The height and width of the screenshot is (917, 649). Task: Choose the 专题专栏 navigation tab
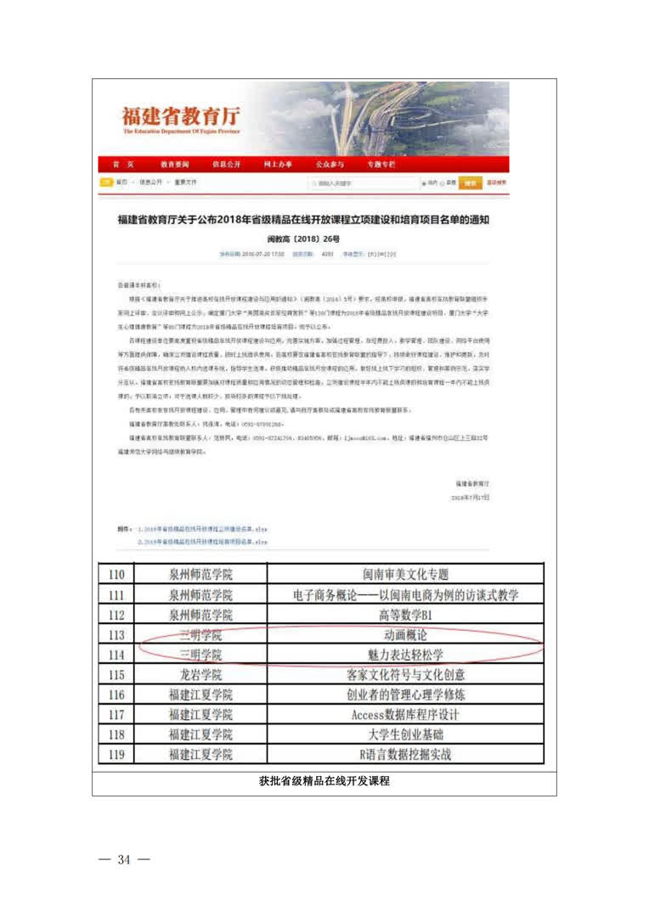tap(381, 164)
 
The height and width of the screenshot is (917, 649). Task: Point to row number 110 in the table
tap(117, 576)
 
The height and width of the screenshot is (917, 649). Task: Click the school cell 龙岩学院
tap(200, 675)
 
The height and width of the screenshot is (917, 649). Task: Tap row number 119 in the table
tap(117, 754)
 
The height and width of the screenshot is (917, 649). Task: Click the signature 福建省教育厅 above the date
tap(472, 481)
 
